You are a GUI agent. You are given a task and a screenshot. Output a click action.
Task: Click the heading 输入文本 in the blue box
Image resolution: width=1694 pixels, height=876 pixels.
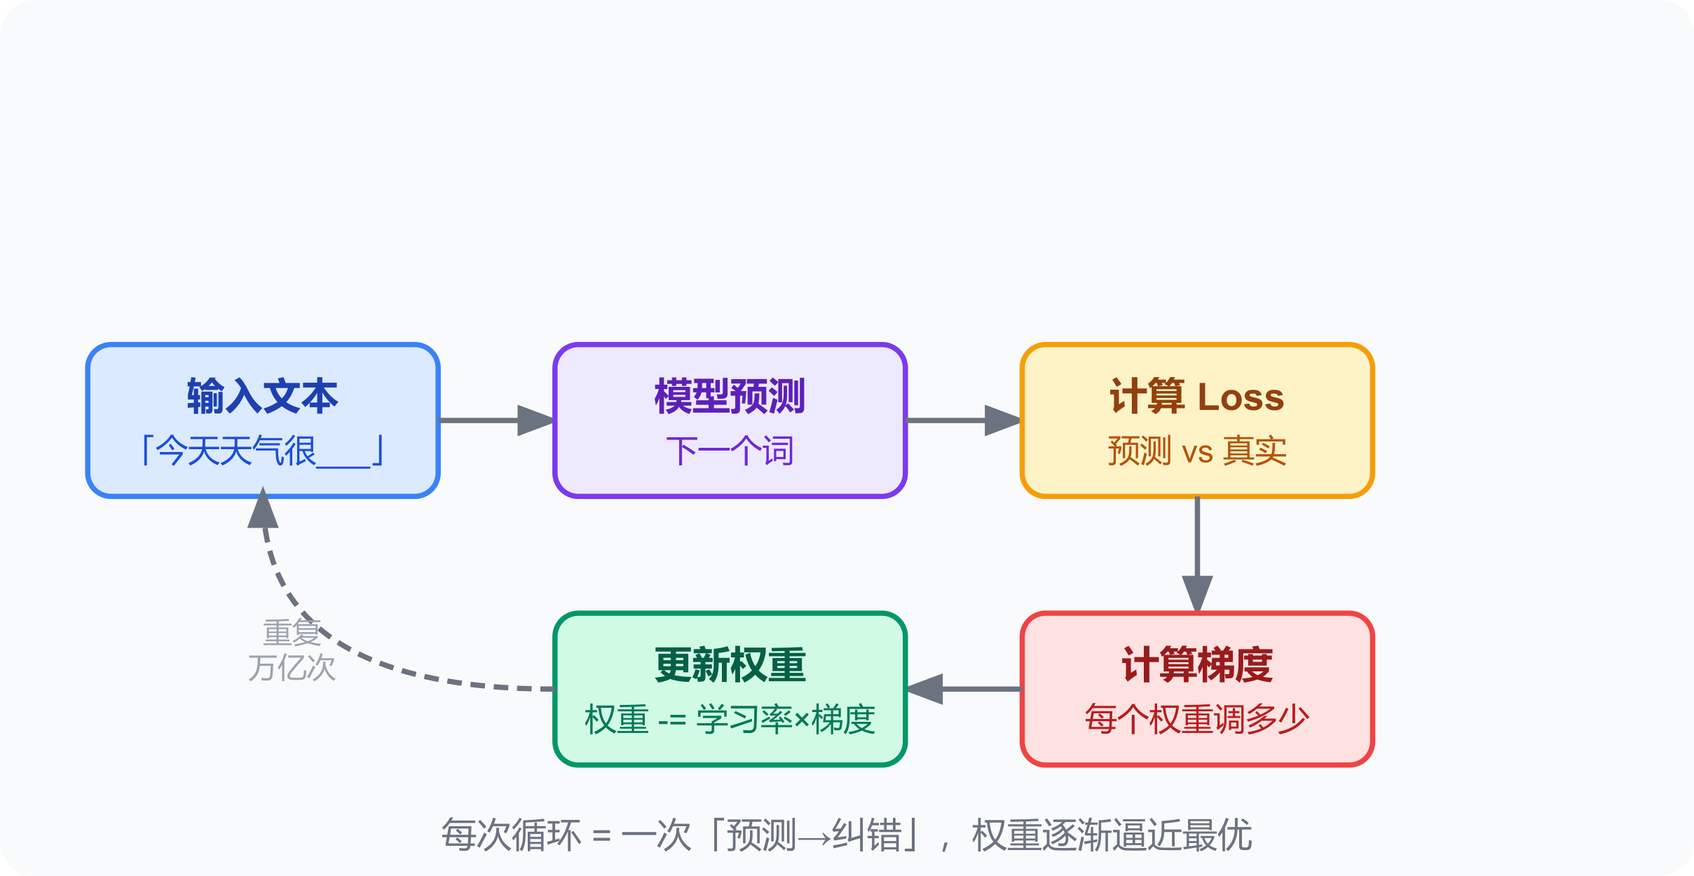pos(262,397)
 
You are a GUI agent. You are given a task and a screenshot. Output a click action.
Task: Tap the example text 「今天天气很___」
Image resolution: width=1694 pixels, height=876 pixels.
pos(262,451)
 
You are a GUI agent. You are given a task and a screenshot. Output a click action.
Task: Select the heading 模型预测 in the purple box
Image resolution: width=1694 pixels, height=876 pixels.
pos(730,397)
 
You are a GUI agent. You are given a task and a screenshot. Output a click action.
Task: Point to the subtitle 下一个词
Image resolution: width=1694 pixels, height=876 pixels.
pos(730,451)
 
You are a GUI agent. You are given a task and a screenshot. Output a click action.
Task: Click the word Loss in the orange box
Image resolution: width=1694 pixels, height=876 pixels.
pos(1241,397)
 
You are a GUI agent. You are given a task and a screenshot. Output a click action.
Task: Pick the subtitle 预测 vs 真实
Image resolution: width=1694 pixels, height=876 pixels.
pos(1197,451)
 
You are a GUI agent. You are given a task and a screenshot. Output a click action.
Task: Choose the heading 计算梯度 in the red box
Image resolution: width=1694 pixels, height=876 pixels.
pos(1197,665)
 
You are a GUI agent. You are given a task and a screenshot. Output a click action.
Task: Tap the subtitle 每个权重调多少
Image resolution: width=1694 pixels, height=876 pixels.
pos(1197,719)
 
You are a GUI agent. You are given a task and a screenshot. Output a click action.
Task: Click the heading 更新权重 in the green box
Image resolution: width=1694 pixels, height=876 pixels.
pos(730,665)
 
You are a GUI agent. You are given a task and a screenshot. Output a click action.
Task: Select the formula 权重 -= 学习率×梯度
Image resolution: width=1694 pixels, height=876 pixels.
pos(730,719)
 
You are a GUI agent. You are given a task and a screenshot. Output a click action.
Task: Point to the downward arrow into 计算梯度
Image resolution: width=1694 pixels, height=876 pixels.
pos(1197,554)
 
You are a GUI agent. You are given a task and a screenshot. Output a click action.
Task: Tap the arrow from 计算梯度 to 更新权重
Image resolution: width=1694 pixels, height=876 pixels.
pos(964,689)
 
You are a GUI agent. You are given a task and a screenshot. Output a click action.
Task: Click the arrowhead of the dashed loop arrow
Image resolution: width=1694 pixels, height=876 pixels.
pos(263,508)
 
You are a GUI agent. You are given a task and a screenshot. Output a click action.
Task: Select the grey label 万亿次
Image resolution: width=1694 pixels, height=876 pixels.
pos(292,668)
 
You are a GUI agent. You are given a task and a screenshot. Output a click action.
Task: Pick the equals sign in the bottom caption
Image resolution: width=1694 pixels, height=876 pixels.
pos(601,836)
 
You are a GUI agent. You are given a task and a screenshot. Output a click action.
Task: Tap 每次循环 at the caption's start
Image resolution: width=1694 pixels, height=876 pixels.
pos(511,835)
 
